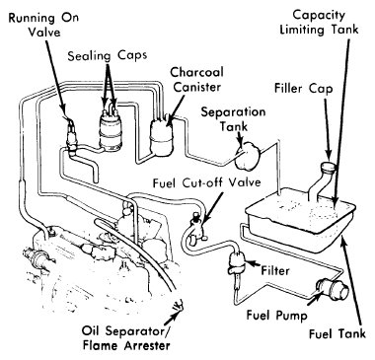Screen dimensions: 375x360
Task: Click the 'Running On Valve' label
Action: (43, 26)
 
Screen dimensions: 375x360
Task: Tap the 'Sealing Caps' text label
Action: (108, 56)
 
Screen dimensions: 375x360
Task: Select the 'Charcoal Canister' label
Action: (196, 80)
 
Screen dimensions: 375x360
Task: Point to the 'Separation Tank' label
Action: (233, 119)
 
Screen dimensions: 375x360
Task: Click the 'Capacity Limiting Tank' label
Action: (319, 22)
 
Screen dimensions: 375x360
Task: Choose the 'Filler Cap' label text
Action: (303, 89)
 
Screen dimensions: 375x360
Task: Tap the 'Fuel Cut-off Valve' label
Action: (207, 182)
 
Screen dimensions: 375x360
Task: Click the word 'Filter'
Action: (275, 270)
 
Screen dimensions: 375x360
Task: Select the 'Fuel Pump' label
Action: (276, 315)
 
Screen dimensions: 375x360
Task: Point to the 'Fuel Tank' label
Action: (337, 333)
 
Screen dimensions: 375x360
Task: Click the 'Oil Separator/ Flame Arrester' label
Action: (127, 338)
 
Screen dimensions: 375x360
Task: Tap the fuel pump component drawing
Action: (333, 289)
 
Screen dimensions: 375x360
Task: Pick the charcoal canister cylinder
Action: (162, 135)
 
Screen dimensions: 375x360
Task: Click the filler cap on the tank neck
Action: (329, 168)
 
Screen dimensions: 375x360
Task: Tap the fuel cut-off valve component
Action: (196, 227)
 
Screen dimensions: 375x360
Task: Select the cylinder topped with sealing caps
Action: (112, 131)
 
